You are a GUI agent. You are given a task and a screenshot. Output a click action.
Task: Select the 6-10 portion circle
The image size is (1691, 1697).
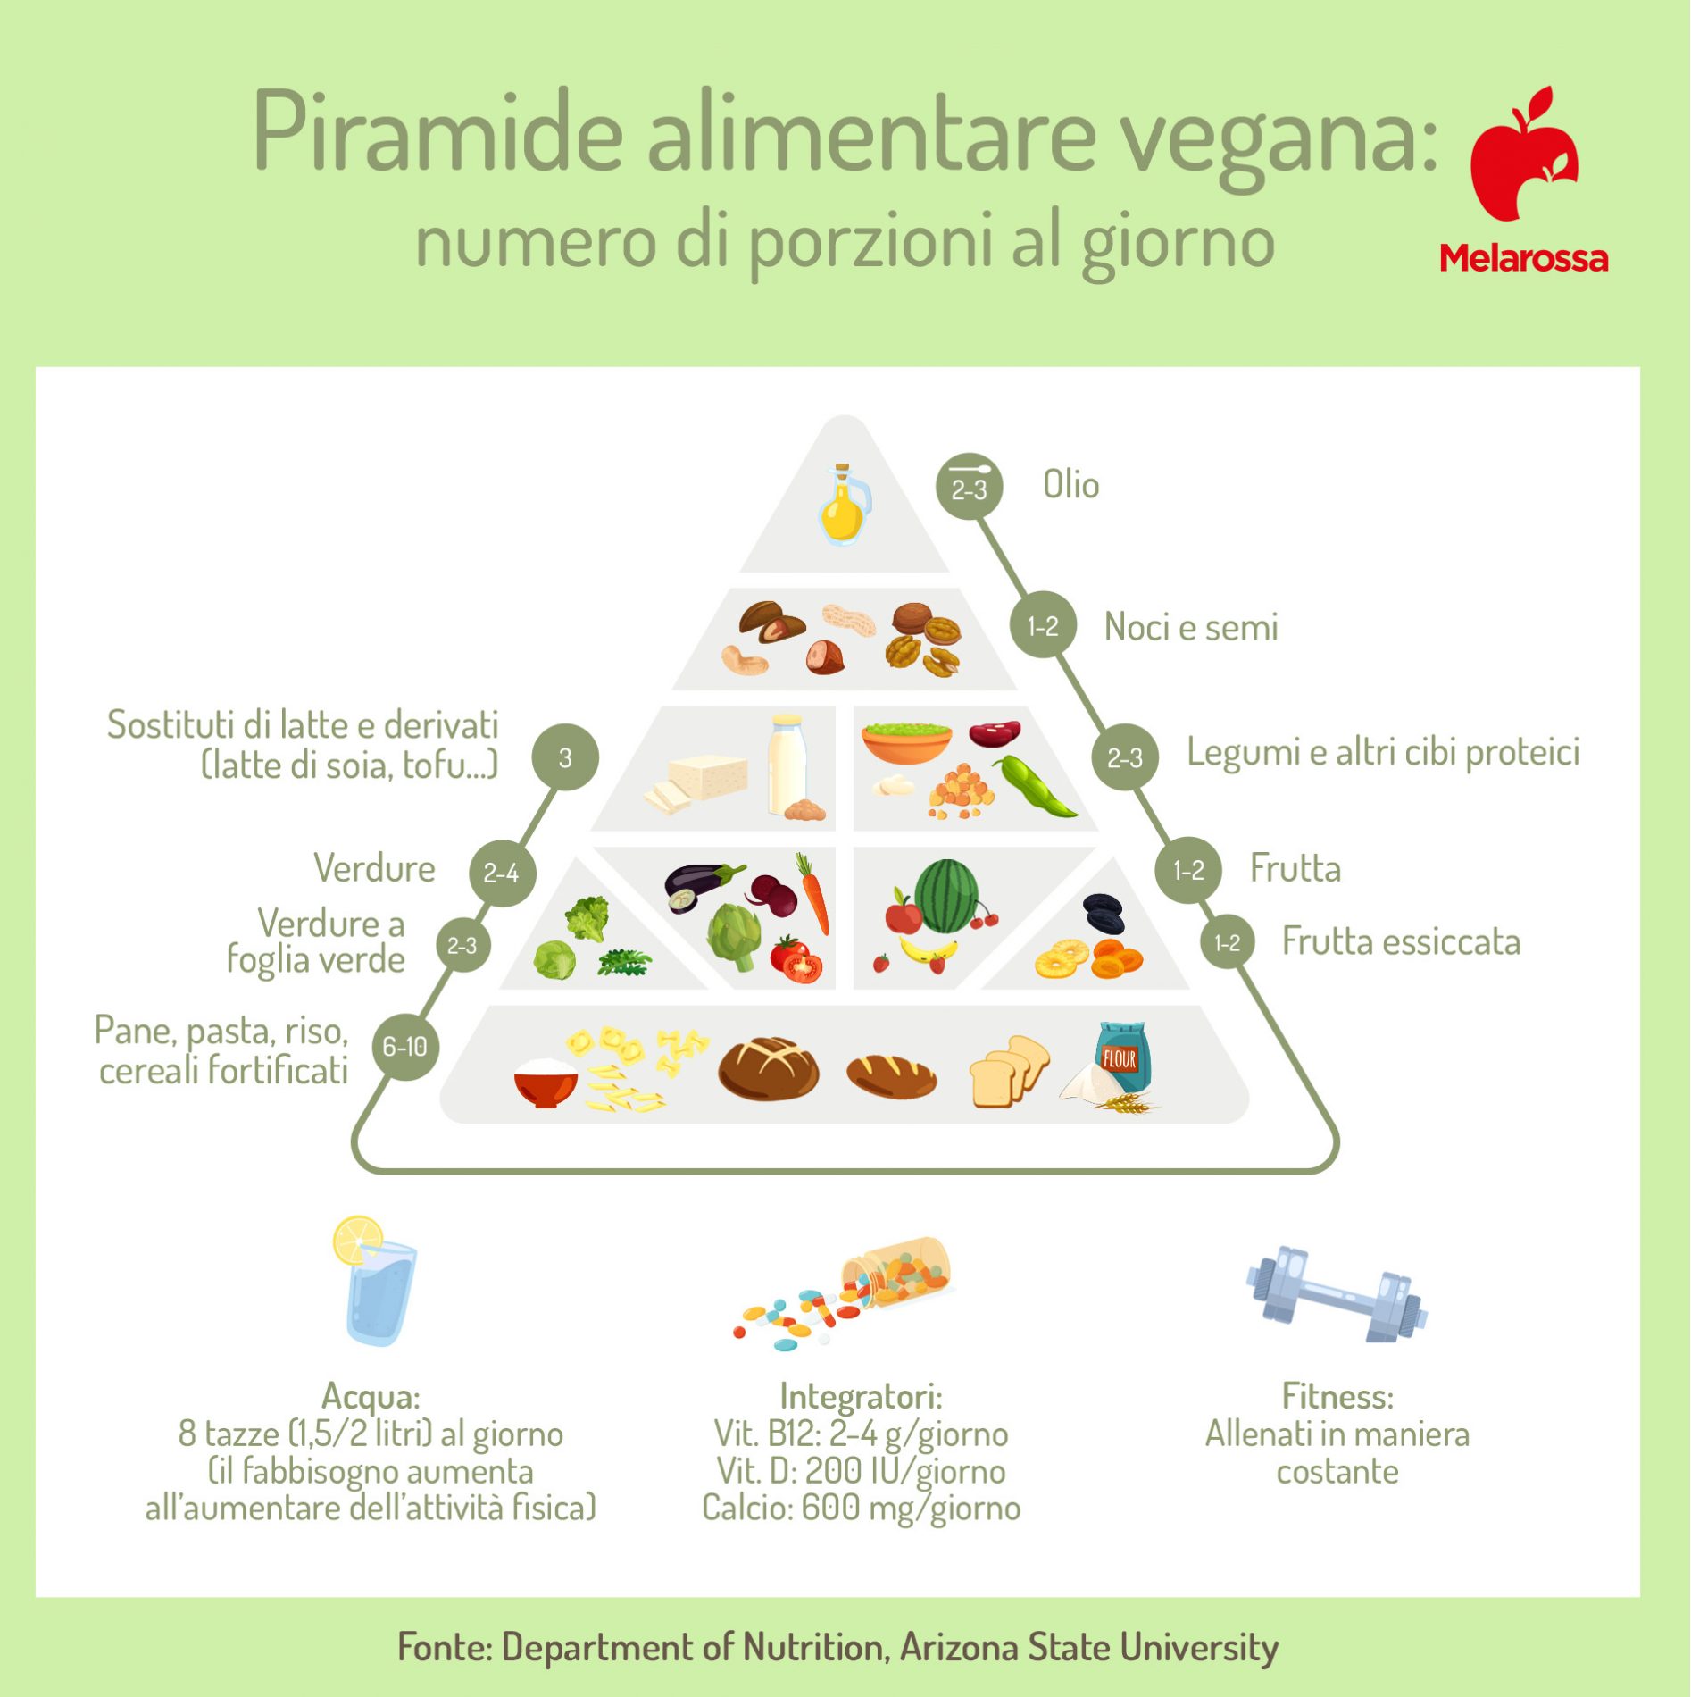coord(405,1047)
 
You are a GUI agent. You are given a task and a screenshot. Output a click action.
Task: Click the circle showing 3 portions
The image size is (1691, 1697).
coord(565,758)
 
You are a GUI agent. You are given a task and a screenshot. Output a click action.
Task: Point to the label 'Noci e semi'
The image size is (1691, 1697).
coord(1191,627)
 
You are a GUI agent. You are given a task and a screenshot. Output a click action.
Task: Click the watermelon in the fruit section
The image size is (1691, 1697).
coord(946,896)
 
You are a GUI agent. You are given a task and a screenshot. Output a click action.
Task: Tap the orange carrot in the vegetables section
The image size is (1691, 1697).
coord(813,893)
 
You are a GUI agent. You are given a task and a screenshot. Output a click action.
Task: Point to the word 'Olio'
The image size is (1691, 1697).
coord(1070,485)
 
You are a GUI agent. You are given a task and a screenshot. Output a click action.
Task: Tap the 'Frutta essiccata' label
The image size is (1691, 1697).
coord(1401,941)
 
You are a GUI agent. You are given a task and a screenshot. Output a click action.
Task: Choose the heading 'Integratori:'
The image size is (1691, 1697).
coord(861,1396)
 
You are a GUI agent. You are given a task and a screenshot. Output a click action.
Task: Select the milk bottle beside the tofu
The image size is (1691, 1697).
coord(787,765)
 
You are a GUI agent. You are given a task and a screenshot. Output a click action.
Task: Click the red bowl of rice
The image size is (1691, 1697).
coord(546,1083)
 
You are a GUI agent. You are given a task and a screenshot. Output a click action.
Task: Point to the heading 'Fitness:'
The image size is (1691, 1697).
coord(1337,1395)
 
